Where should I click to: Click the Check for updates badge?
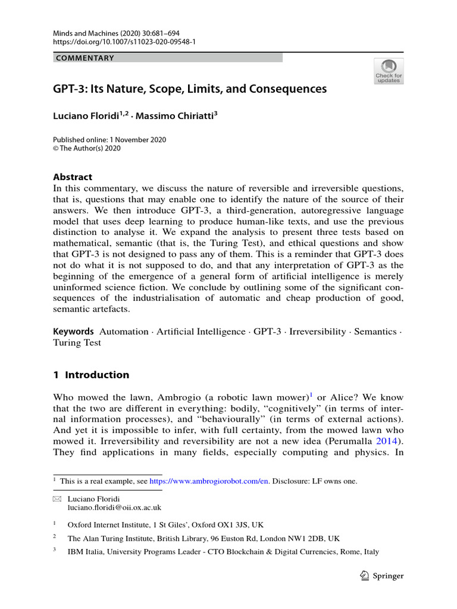(389, 71)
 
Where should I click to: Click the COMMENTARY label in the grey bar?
(84, 58)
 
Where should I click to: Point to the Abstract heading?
(73, 177)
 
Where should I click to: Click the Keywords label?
(73, 331)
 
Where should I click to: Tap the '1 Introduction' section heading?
(91, 375)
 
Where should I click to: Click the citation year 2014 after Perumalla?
(384, 441)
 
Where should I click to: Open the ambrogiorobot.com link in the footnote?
(209, 481)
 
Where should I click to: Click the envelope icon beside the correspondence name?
(57, 499)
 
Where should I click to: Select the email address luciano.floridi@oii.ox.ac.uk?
(114, 508)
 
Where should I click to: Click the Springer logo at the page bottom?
(383, 576)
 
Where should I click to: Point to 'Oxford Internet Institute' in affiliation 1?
(107, 525)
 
